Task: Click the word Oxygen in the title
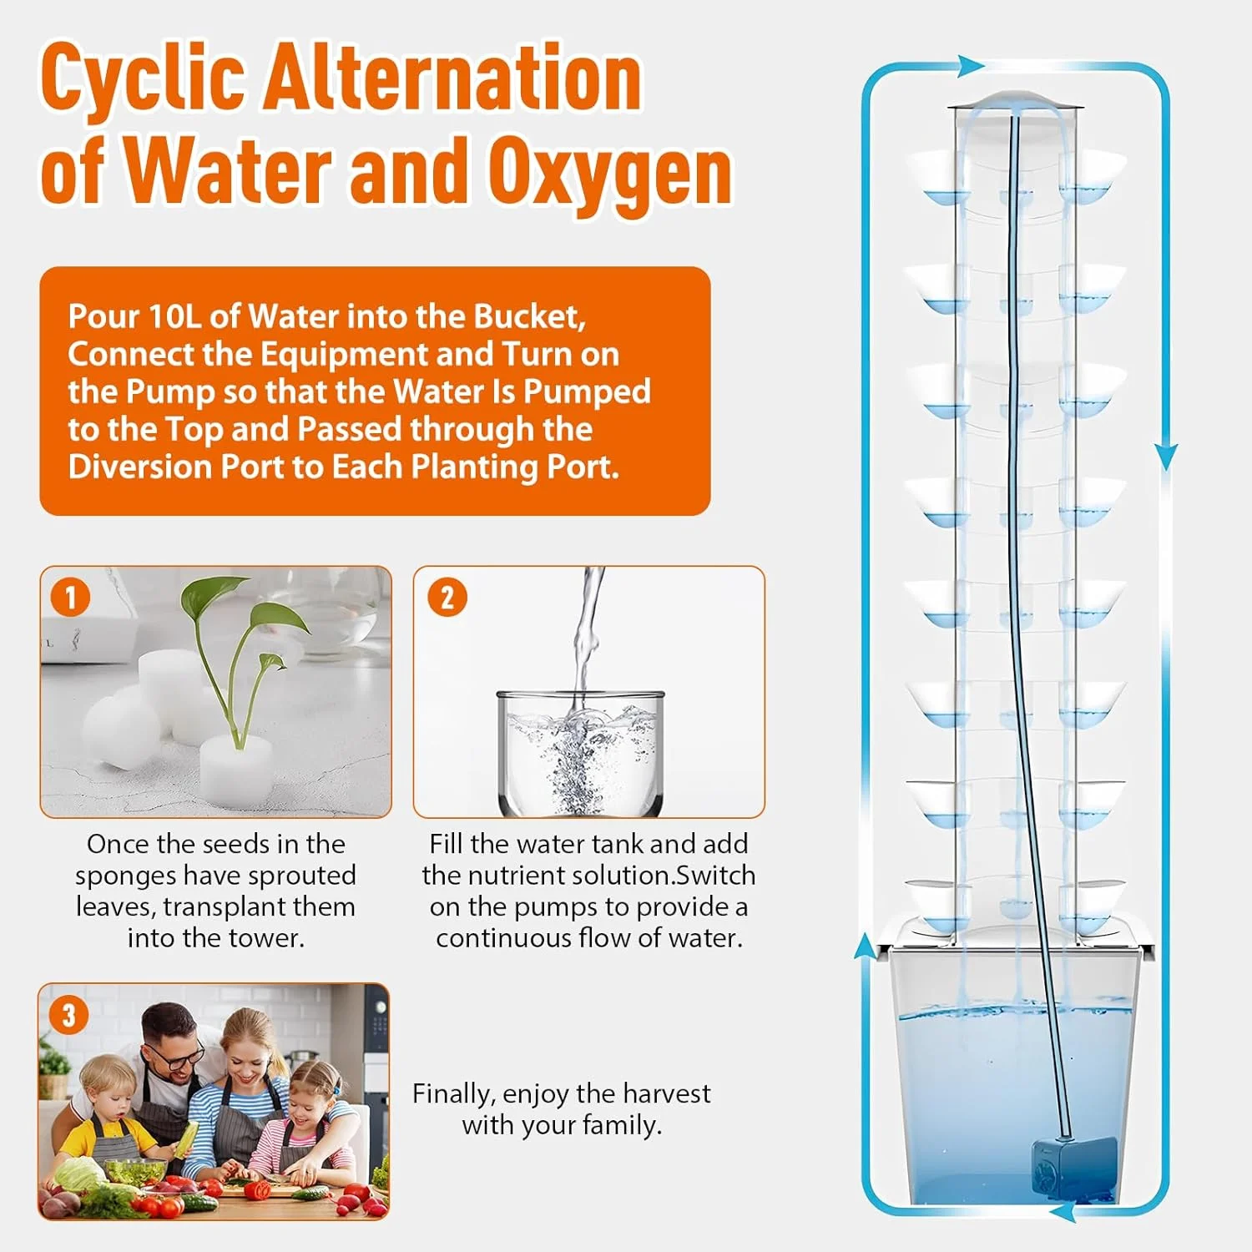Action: click(610, 172)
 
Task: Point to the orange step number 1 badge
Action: click(70, 597)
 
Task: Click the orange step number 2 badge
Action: click(447, 598)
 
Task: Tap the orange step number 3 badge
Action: click(68, 1015)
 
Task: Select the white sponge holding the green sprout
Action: click(237, 766)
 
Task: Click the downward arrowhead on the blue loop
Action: click(1167, 456)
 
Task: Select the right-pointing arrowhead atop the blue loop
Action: click(972, 65)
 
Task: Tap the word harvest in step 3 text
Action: click(667, 1093)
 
